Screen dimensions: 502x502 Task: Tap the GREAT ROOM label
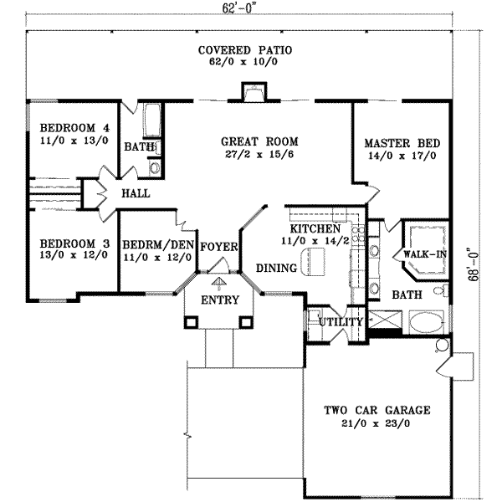[x=259, y=141]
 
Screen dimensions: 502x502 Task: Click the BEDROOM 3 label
[x=74, y=243]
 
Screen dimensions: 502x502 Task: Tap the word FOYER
[x=220, y=247]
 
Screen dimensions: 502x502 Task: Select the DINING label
[x=276, y=268]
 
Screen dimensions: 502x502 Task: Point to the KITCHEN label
[x=315, y=228]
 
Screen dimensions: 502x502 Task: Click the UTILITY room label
[x=341, y=322]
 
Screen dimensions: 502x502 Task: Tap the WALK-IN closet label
[x=424, y=253]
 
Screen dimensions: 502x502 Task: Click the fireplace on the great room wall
[x=252, y=92]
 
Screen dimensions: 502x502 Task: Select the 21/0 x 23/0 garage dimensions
[x=377, y=423]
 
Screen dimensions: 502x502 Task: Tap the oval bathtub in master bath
[x=428, y=322]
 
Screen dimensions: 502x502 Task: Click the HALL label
[x=135, y=193]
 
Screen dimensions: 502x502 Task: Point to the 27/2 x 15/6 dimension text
[x=259, y=156]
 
